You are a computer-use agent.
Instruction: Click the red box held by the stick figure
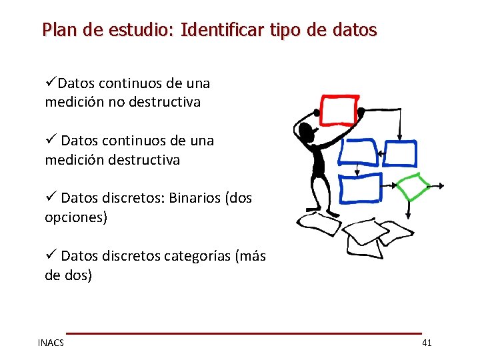coord(339,111)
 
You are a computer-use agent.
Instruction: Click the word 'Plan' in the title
coord(55,30)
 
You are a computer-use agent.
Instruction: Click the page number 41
coord(427,343)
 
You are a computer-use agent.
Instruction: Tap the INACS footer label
coord(51,343)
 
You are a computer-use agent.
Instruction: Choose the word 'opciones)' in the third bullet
coord(75,217)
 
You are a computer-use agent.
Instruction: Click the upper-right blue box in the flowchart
coord(399,153)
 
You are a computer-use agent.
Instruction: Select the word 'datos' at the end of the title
coord(357,30)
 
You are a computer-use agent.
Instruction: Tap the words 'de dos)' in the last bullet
coord(68,275)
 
